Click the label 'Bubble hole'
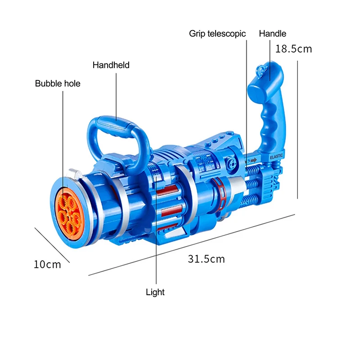(x=58, y=83)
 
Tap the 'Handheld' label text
(x=111, y=65)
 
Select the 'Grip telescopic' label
(x=217, y=34)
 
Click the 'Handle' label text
(x=273, y=33)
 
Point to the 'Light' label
(x=155, y=292)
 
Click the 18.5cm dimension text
(x=293, y=49)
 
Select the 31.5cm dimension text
(x=206, y=259)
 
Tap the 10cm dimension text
(x=47, y=265)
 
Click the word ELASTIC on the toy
(x=276, y=156)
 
